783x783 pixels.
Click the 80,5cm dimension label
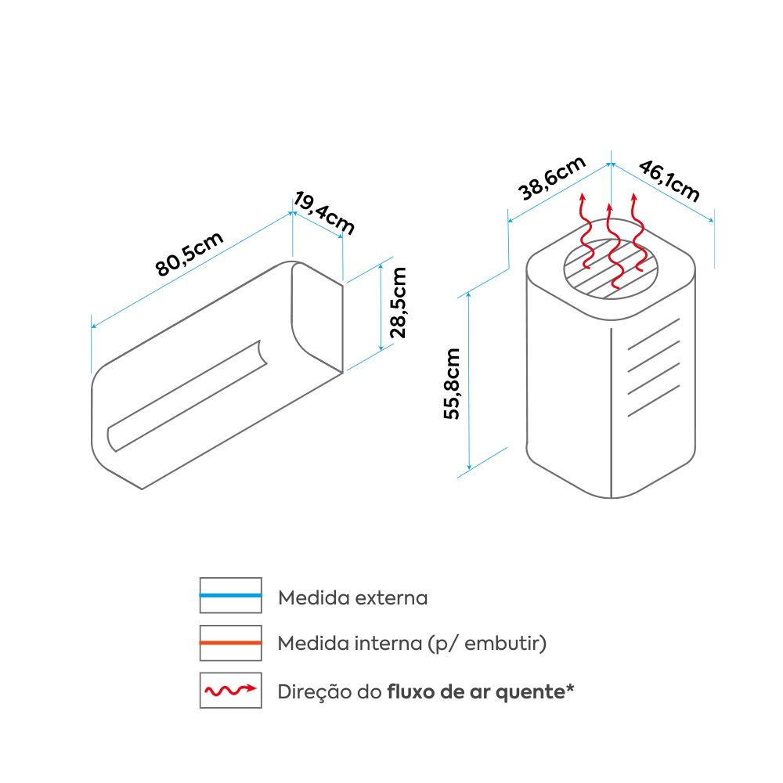pyautogui.click(x=190, y=254)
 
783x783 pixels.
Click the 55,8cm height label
pyautogui.click(x=453, y=384)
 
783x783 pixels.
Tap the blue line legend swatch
pyautogui.click(x=230, y=597)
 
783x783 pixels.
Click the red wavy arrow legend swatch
pyautogui.click(x=230, y=691)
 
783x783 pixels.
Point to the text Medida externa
pyautogui.click(x=353, y=598)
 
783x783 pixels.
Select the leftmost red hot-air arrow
pyautogui.click(x=584, y=231)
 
